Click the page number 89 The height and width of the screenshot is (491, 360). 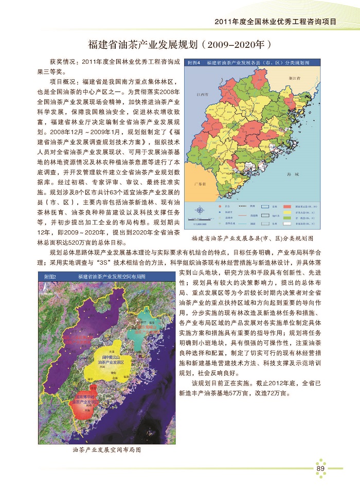(320, 468)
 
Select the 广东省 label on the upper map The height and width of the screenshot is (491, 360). (199, 184)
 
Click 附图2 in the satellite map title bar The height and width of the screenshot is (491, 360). (50, 277)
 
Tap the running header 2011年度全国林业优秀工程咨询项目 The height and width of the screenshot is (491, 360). (275, 22)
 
